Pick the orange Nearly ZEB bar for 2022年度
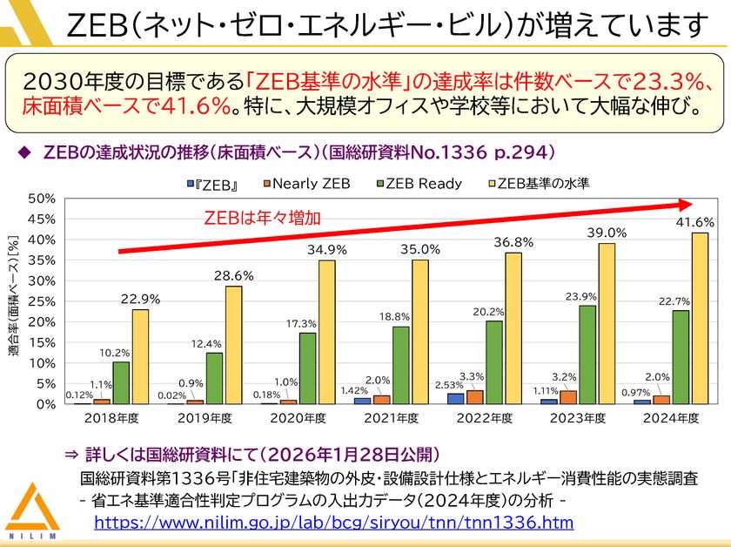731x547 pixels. tap(474, 397)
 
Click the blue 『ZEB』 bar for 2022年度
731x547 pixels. tap(455, 398)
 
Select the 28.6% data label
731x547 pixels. tap(233, 275)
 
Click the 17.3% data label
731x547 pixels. tap(306, 323)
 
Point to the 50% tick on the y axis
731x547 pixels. tap(41, 198)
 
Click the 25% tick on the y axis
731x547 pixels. tap(41, 301)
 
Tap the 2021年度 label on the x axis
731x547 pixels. tap(391, 419)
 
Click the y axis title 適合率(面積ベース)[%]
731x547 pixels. tap(15, 295)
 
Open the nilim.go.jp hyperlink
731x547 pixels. tap(333, 523)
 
